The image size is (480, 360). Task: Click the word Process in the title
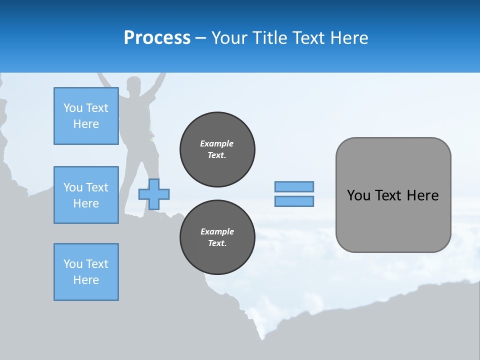157,38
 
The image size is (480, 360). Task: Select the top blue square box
86,116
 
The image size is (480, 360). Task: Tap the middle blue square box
86,195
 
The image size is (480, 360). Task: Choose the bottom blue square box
86,272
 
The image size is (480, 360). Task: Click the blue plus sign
154,194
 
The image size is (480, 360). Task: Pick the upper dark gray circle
217,149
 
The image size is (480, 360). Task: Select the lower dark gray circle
217,237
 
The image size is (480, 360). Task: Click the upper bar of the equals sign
294,187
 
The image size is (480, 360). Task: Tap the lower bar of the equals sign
294,201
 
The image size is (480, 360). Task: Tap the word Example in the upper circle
217,143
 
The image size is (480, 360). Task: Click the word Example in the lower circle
217,231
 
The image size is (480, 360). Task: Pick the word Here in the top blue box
86,124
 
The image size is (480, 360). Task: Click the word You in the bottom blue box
73,264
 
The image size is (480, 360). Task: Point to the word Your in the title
230,38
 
